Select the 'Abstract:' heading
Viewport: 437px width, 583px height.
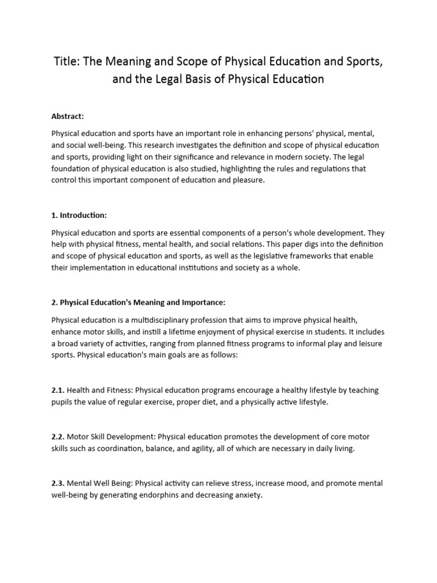pos(68,116)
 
